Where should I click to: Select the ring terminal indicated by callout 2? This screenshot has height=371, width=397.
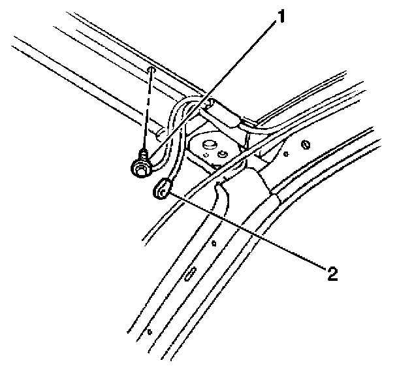pyautogui.click(x=161, y=190)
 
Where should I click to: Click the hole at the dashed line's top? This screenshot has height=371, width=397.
pyautogui.click(x=151, y=70)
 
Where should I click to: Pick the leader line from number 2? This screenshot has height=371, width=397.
pyautogui.click(x=248, y=231)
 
